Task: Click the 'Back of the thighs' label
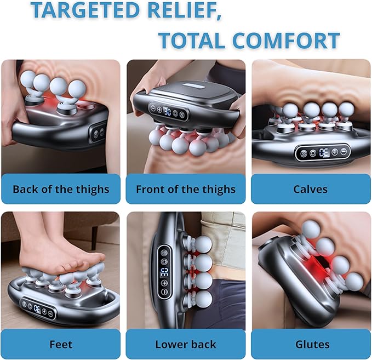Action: pos(61,190)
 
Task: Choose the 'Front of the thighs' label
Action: pos(186,190)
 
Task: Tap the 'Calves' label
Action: pos(310,189)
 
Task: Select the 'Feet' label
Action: pos(61,344)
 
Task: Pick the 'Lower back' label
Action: pos(186,344)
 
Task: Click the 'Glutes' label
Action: pos(312,344)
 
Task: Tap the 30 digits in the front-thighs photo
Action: pos(168,111)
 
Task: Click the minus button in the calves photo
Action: pos(344,151)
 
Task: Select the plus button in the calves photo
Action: pos(335,152)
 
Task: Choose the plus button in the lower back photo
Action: pos(164,283)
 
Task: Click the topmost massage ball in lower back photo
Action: pos(203,245)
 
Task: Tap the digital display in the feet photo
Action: pos(38,308)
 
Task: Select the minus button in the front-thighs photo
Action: pos(153,108)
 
